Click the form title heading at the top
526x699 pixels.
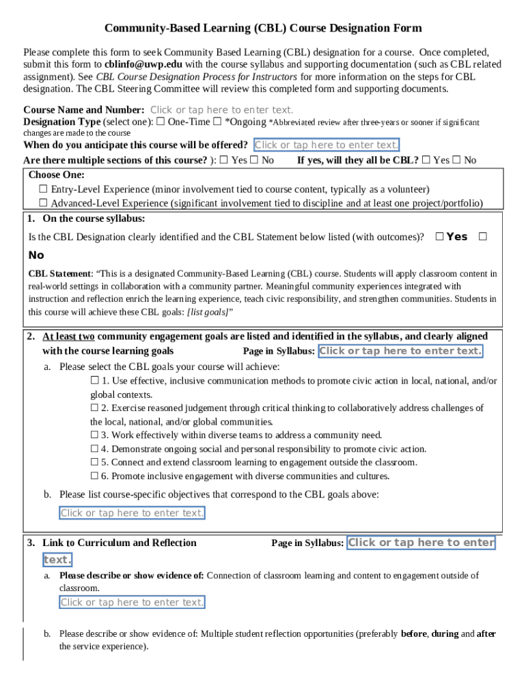click(263, 28)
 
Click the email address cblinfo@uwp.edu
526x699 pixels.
click(143, 64)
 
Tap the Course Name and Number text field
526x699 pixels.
click(221, 110)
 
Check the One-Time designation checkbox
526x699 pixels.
click(161, 122)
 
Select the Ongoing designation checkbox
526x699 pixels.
click(217, 122)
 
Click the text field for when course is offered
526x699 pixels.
click(327, 145)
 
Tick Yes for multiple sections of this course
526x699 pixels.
click(224, 160)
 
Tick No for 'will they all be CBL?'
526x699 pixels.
click(456, 160)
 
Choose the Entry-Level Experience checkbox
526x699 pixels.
click(43, 189)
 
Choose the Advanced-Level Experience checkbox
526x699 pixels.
click(43, 203)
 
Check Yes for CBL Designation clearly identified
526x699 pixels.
click(439, 237)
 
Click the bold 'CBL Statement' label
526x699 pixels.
click(59, 274)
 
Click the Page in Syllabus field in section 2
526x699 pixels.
click(400, 351)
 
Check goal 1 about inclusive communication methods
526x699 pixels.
click(95, 381)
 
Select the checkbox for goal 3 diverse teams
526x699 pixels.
click(95, 435)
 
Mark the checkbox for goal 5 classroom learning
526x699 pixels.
click(95, 462)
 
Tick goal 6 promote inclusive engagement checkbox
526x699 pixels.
click(95, 476)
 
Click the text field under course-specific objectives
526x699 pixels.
click(132, 513)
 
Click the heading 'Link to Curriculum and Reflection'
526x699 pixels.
click(120, 543)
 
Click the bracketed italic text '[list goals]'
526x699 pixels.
click(208, 312)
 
